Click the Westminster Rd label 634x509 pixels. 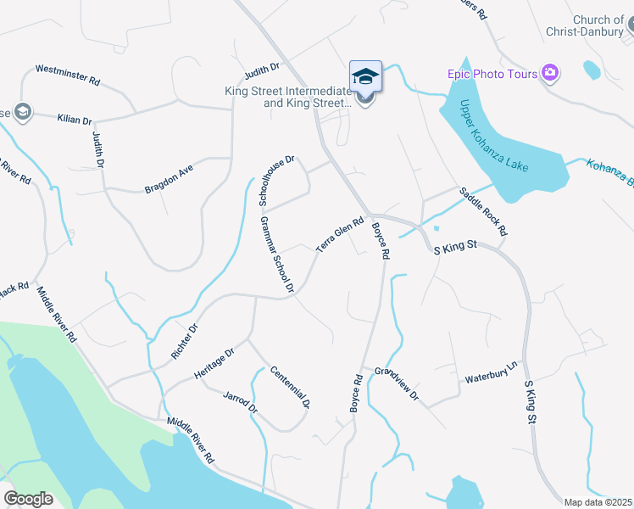(68, 75)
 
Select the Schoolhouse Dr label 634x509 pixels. (275, 181)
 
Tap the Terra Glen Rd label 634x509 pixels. (340, 235)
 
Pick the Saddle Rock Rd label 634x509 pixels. (483, 211)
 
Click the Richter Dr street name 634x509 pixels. (184, 341)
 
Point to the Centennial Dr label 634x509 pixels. (291, 387)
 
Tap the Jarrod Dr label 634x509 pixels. (240, 402)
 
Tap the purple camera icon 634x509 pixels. (551, 73)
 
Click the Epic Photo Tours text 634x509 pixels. (492, 74)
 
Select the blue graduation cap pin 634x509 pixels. (366, 77)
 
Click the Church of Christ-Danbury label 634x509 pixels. (598, 26)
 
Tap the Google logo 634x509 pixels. (28, 499)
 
